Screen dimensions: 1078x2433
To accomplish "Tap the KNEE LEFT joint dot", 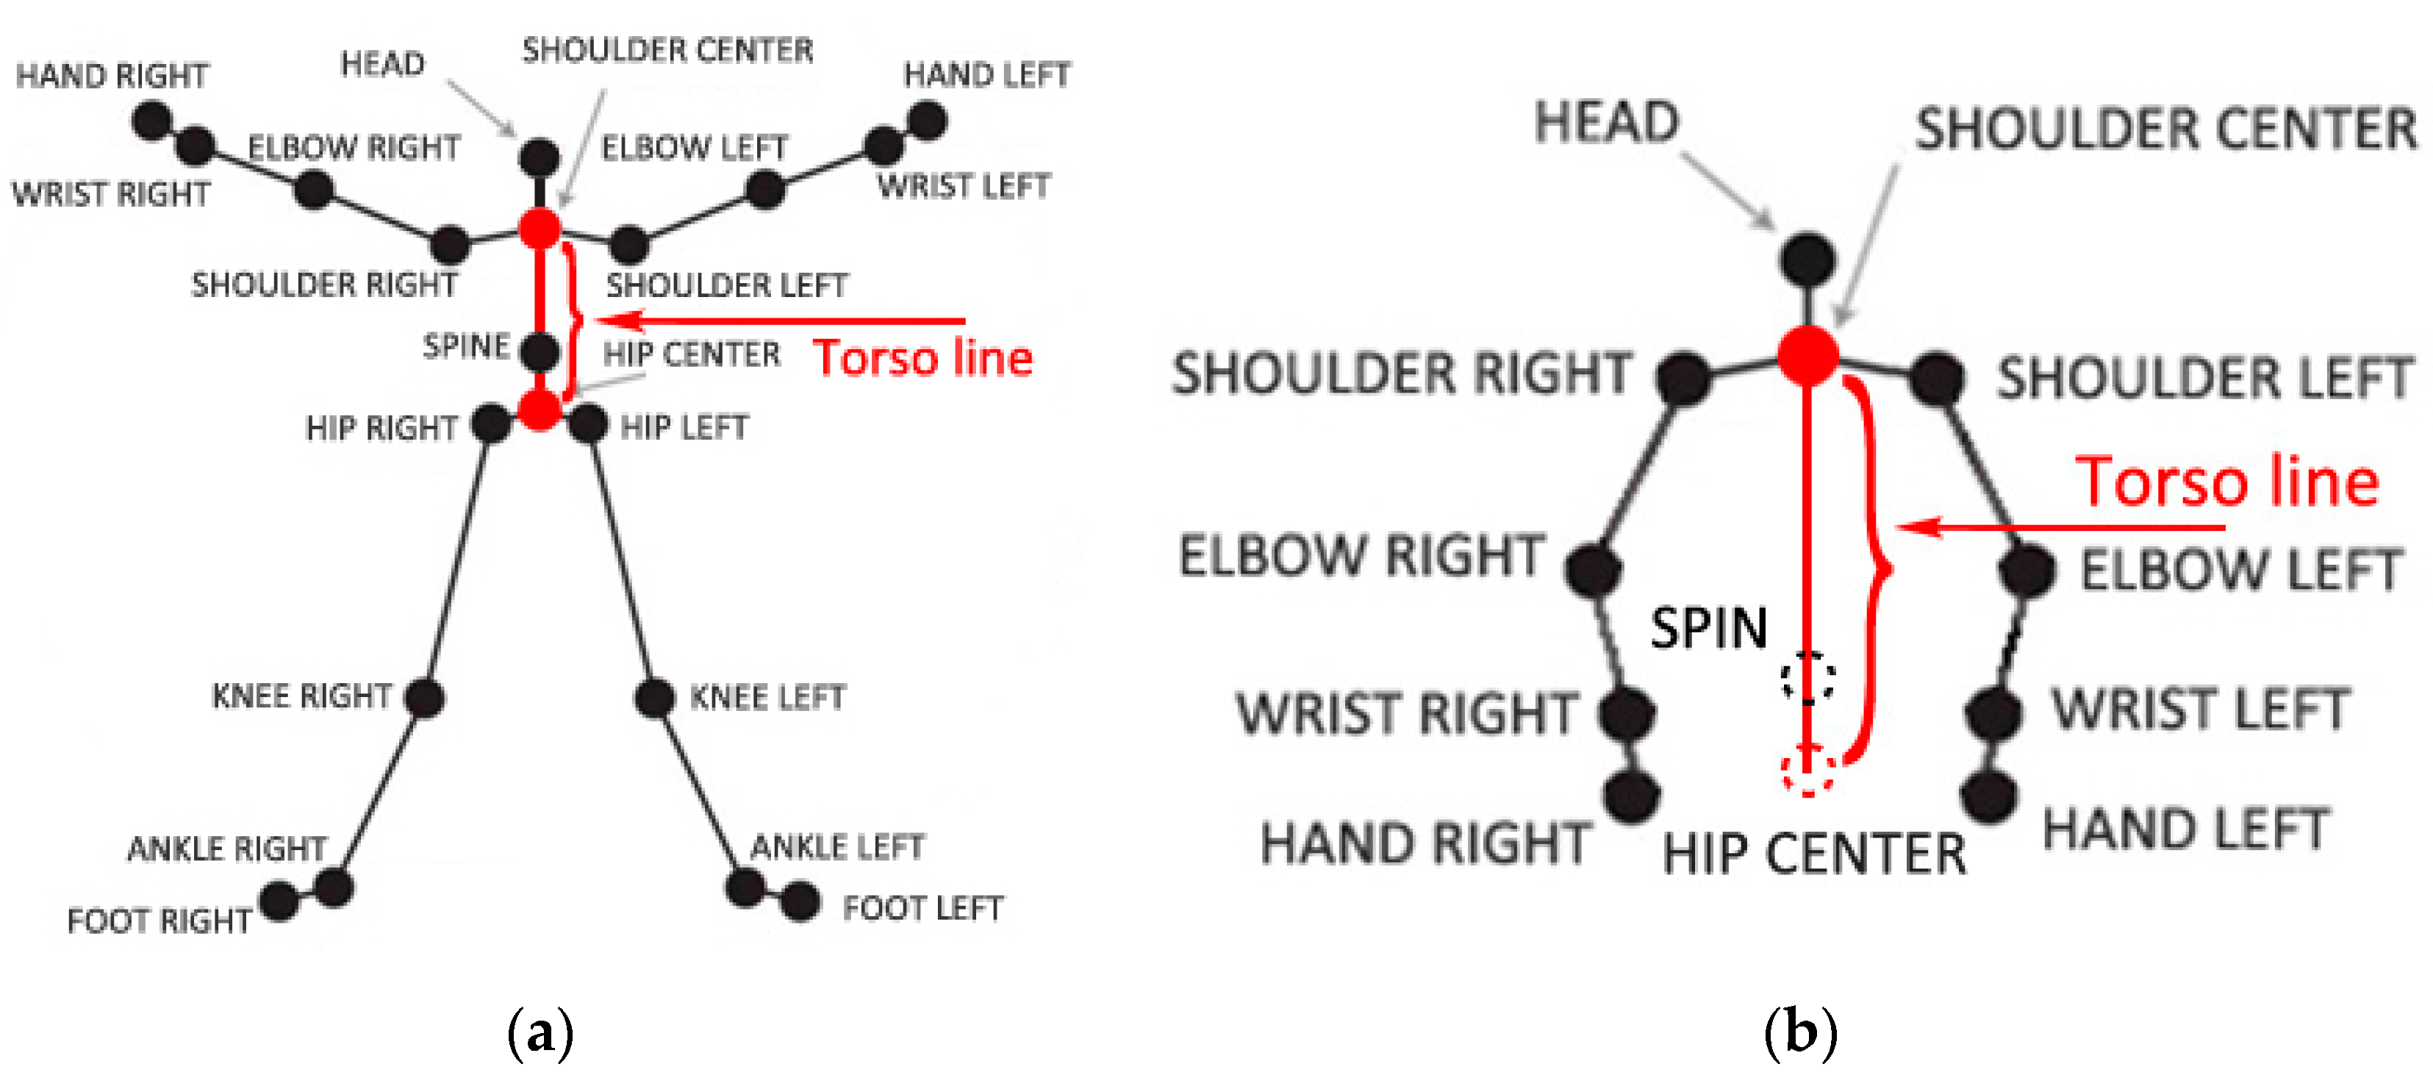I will point(654,698).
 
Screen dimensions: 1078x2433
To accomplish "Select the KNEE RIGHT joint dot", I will point(425,698).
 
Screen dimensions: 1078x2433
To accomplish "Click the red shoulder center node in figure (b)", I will point(1807,356).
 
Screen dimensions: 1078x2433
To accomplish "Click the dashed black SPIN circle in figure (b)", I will point(1807,677).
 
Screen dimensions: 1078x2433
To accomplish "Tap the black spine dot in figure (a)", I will point(540,352).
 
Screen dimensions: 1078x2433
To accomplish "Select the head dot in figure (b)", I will point(1807,259).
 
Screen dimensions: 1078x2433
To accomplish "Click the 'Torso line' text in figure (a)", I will point(922,358).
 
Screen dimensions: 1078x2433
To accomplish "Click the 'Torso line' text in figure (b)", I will point(2226,482).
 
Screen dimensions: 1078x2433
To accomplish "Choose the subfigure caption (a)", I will point(540,1032).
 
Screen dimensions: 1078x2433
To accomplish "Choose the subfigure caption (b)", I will point(1800,1032).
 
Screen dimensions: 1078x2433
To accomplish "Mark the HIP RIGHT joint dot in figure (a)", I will point(491,424).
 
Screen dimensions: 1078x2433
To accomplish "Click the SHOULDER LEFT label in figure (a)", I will point(726,285).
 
